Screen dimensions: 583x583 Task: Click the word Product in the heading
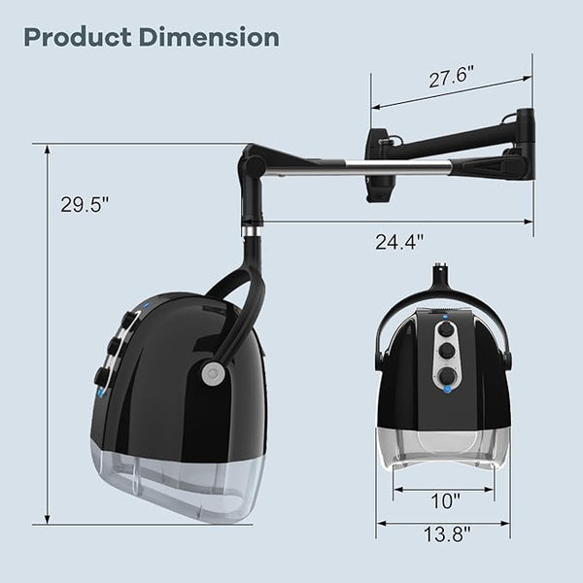coord(78,37)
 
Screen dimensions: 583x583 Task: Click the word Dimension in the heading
coord(209,37)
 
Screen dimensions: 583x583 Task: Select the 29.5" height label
coord(86,204)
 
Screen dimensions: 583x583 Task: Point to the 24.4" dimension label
coord(399,242)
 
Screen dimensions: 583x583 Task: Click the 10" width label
coord(445,500)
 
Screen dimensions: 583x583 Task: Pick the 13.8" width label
coord(447,533)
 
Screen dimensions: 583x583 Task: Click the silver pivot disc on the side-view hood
coord(213,373)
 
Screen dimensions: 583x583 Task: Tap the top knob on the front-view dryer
coord(445,329)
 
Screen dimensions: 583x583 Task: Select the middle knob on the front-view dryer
coord(445,352)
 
